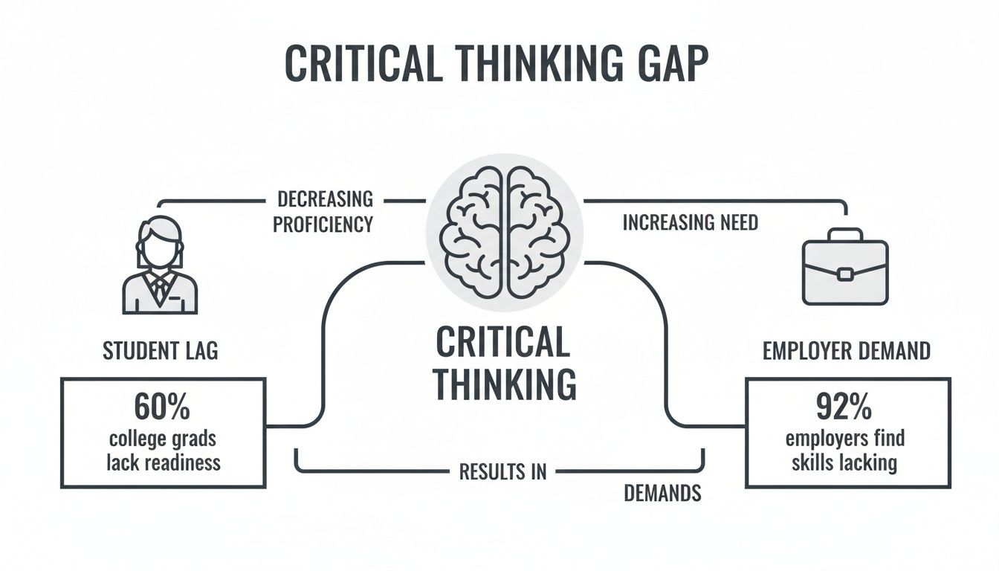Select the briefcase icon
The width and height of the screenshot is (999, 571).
(845, 267)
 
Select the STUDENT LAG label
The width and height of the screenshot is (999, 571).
(161, 350)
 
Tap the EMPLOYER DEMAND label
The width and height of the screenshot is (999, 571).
(847, 350)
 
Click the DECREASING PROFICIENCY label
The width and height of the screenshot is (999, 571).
(323, 211)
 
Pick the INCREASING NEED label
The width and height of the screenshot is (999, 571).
(691, 222)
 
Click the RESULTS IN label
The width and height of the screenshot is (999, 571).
(502, 471)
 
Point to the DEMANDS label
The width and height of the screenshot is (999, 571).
(662, 494)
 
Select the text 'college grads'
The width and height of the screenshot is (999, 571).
(163, 439)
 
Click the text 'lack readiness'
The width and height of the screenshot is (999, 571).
(163, 462)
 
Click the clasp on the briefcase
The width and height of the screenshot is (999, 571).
(845, 274)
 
